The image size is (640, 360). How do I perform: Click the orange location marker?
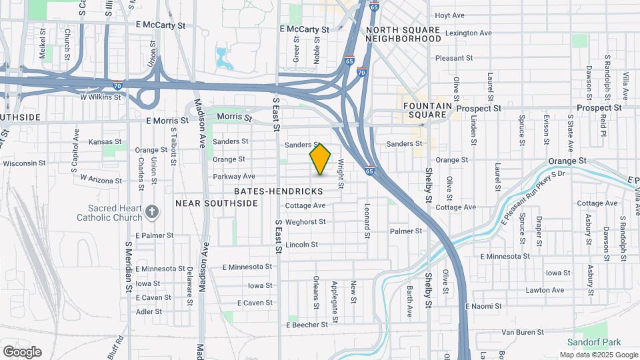coord(321,159)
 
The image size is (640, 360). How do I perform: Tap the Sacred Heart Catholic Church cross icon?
coord(152,212)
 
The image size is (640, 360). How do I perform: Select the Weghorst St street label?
coord(305,222)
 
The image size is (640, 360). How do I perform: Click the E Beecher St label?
coord(307,325)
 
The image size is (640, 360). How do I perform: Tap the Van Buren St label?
coord(523,331)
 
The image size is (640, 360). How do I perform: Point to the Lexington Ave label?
coord(468,33)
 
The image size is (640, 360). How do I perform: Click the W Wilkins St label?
coord(101,97)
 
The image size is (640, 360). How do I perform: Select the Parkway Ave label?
coord(234,177)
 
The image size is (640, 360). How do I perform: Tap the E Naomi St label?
coord(483,306)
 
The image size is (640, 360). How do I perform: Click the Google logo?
coord(22,352)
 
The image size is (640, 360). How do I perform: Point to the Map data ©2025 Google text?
coord(598,355)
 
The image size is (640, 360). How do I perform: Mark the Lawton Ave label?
coord(545,290)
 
